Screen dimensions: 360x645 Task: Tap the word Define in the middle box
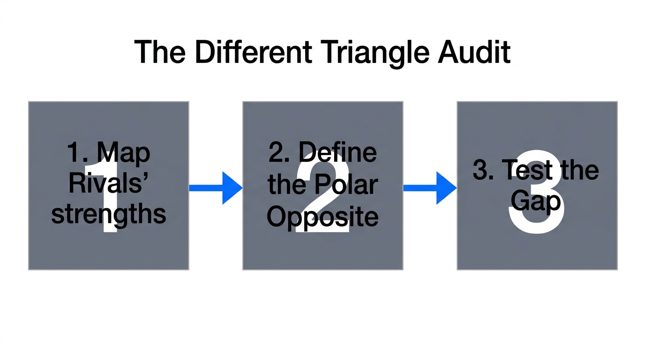tap(337, 152)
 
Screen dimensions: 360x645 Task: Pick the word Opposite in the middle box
tap(322, 217)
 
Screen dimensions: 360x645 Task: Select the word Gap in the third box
tap(536, 202)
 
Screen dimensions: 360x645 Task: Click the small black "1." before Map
tap(77, 153)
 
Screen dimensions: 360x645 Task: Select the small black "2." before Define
tap(279, 153)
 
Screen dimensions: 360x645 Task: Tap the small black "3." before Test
tap(483, 170)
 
